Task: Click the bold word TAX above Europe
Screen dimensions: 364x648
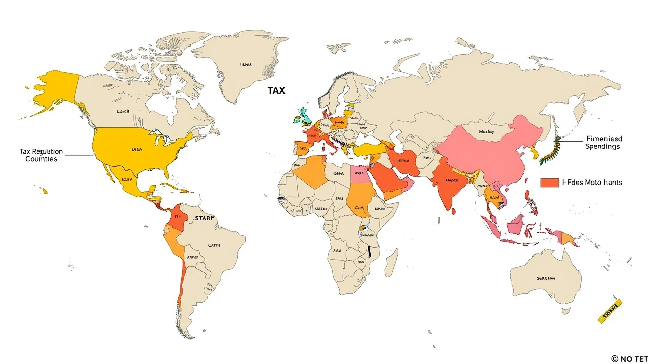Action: click(276, 90)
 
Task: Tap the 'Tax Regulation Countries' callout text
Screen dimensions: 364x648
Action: click(41, 155)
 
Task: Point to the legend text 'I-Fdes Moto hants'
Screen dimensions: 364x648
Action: click(592, 183)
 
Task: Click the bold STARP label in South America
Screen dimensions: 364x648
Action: click(204, 218)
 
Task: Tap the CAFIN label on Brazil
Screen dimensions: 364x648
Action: click(214, 245)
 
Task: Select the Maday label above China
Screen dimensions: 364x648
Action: click(486, 132)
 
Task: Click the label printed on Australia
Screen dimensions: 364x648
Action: click(546, 278)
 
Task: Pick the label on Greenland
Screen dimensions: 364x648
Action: click(246, 65)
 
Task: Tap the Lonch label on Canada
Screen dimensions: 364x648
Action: click(123, 111)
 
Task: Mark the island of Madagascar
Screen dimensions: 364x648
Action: click(391, 265)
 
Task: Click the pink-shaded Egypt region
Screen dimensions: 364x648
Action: click(360, 175)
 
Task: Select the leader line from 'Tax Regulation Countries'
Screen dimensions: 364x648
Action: click(78, 155)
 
